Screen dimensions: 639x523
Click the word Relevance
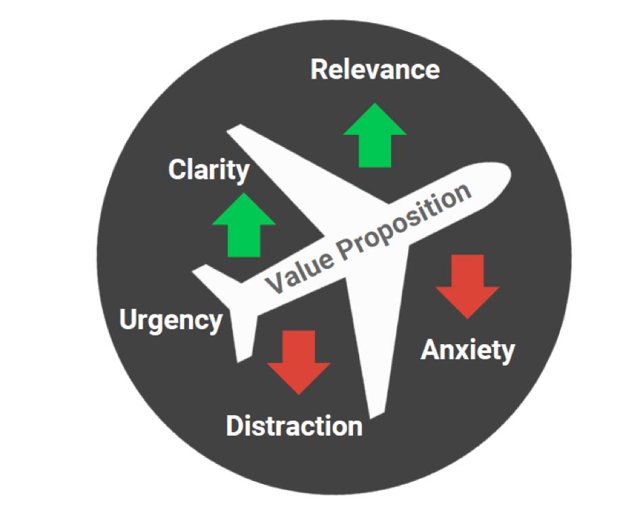coord(375,69)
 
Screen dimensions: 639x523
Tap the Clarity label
coord(209,170)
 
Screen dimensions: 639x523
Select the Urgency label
coord(171,321)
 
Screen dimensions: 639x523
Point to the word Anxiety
coord(468,350)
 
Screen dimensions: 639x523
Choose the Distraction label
coord(294,426)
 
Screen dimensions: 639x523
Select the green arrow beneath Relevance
coord(375,135)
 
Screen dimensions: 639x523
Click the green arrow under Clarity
coord(244,225)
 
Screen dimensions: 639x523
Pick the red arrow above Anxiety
coord(468,287)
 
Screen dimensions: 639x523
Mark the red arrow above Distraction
coord(299,362)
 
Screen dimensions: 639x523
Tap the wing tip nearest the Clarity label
coord(233,128)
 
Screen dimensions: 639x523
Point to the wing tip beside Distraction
coord(377,415)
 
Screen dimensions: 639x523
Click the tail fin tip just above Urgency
coord(200,269)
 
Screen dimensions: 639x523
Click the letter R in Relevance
coord(318,69)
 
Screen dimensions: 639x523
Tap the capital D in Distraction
coord(234,426)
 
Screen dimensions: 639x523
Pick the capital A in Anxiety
coord(430,350)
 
